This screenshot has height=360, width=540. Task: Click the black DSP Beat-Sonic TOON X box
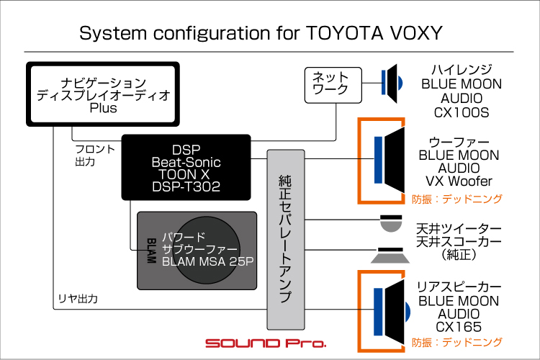pos(186,166)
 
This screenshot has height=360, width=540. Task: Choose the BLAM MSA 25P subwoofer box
pos(197,249)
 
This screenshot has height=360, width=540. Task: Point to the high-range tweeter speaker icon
pos(391,82)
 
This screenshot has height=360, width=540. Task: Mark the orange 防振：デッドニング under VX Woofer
pos(456,199)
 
